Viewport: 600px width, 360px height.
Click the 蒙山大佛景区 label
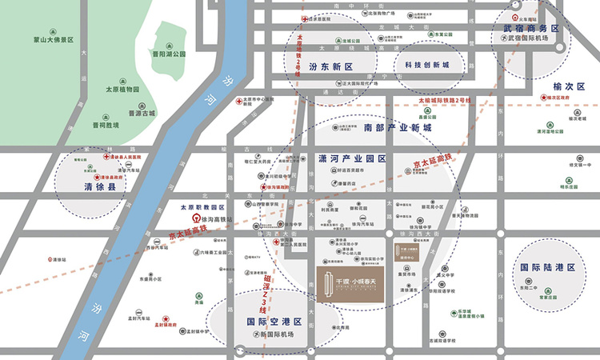click(48, 39)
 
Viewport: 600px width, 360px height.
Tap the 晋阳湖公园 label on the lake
click(169, 54)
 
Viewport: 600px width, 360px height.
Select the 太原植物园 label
click(124, 89)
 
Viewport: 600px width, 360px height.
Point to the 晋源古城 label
click(142, 114)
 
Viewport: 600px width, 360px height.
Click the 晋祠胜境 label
click(104, 125)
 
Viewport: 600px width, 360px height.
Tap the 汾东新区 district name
click(330, 67)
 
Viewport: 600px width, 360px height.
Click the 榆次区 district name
click(547, 85)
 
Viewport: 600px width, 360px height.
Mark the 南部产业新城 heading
click(398, 128)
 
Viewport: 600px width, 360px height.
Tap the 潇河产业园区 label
click(352, 158)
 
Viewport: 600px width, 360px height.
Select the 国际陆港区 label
click(548, 268)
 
